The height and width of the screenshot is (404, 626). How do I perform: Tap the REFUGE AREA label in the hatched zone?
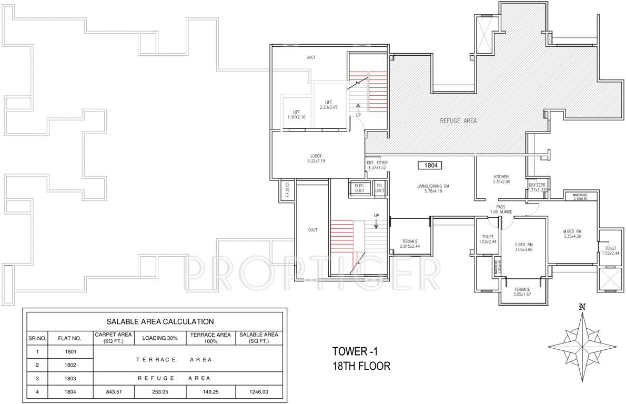[x=458, y=121]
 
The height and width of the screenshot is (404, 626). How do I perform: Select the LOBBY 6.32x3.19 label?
[x=316, y=158]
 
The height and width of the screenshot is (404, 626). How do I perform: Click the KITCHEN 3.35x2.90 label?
[x=501, y=179]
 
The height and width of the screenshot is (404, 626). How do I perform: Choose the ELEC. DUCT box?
[x=360, y=188]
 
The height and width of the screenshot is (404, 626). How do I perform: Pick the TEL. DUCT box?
[x=380, y=188]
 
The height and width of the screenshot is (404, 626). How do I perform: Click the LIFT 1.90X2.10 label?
[x=297, y=114]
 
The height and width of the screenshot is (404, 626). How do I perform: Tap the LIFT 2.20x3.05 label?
[x=328, y=105]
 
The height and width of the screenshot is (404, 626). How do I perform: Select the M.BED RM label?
[x=571, y=234]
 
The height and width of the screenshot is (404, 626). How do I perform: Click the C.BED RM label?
[x=523, y=247]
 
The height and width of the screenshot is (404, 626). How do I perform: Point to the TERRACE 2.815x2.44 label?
[x=410, y=243]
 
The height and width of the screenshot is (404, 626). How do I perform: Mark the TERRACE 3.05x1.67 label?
[x=522, y=292]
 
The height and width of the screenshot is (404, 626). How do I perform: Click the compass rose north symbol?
[x=581, y=307]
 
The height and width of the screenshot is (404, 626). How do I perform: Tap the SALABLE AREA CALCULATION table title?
[x=160, y=321]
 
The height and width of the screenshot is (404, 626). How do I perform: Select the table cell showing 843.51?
[x=113, y=391]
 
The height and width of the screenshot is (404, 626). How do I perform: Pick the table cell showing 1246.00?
[x=259, y=391]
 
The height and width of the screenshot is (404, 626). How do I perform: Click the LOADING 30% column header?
[x=160, y=337]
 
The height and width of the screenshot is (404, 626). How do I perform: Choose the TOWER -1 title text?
[x=356, y=351]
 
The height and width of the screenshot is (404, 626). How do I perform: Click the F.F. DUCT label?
[x=287, y=192]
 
